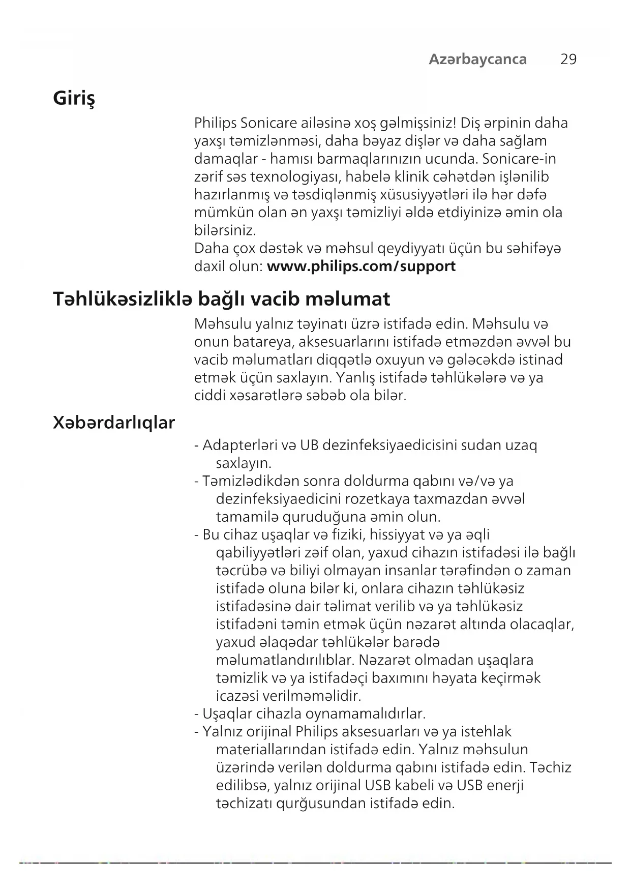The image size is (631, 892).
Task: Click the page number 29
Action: point(568,60)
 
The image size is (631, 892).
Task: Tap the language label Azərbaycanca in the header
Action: point(477,60)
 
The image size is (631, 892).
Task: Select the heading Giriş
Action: point(74,98)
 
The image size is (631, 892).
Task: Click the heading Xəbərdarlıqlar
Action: point(114,422)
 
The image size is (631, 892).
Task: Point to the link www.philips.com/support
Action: point(361,266)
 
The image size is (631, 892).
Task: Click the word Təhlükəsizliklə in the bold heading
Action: point(122,299)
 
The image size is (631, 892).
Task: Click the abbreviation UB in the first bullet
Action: point(309,445)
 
